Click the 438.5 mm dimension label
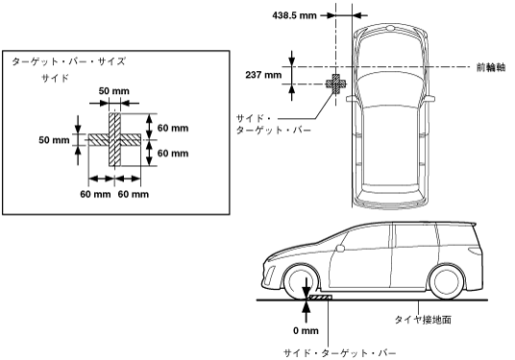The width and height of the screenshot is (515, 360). pyautogui.click(x=294, y=15)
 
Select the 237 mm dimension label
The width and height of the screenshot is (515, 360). pyautogui.click(x=263, y=75)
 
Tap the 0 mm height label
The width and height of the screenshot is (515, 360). pyautogui.click(x=306, y=331)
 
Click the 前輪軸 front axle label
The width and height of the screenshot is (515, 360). pyautogui.click(x=491, y=67)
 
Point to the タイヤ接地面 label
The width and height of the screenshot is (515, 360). pyautogui.click(x=423, y=320)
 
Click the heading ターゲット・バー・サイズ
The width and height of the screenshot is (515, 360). pyautogui.click(x=68, y=61)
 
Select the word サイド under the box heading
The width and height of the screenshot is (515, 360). pyautogui.click(x=55, y=78)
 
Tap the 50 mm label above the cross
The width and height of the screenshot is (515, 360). pyautogui.click(x=114, y=91)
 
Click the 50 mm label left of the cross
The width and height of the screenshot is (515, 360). pyautogui.click(x=54, y=140)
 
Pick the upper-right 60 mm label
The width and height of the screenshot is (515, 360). pyautogui.click(x=173, y=128)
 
